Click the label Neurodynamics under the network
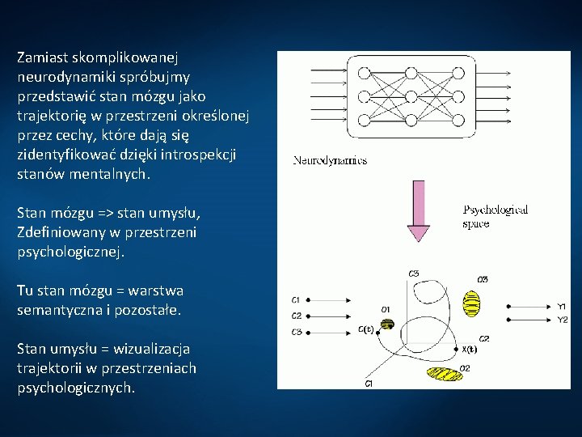pyautogui.click(x=330, y=160)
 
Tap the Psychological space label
pyautogui.click(x=495, y=216)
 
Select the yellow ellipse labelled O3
pyautogui.click(x=470, y=302)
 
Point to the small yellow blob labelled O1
pyautogui.click(x=387, y=324)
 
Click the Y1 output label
pyautogui.click(x=562, y=306)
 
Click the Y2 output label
pyautogui.click(x=562, y=320)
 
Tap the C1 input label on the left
pyautogui.click(x=297, y=300)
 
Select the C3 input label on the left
pyautogui.click(x=297, y=332)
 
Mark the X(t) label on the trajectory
pyautogui.click(x=469, y=350)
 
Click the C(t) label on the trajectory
pyautogui.click(x=366, y=329)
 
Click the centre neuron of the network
pyautogui.click(x=410, y=97)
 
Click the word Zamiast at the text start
pyautogui.click(x=43, y=58)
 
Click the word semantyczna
pyautogui.click(x=55, y=310)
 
